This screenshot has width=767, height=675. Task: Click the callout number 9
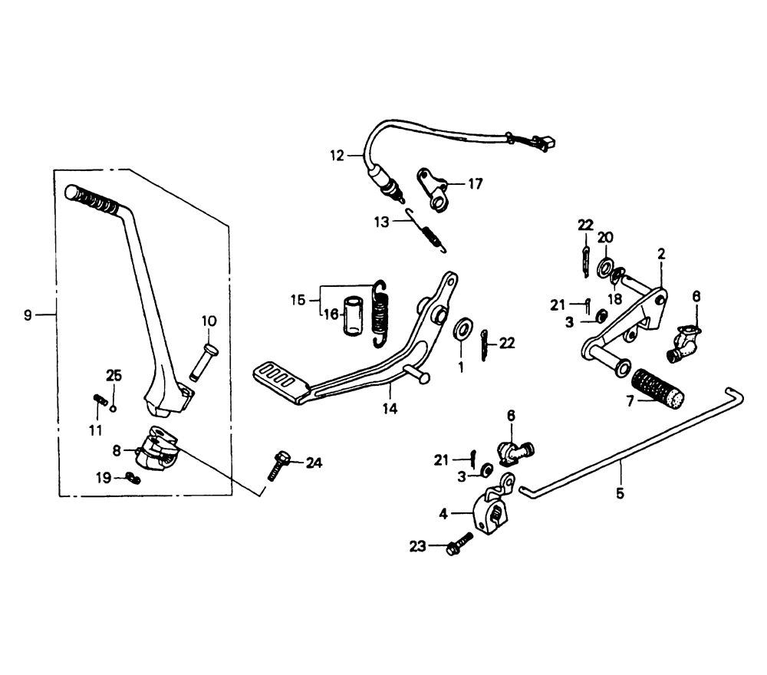click(28, 314)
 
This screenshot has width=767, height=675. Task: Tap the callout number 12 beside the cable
click(337, 156)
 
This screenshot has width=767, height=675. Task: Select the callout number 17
click(476, 183)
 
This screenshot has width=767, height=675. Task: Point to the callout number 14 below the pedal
click(390, 409)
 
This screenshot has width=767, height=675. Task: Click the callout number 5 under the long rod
click(620, 493)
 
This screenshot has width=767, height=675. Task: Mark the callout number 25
click(114, 375)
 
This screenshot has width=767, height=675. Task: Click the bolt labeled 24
click(278, 465)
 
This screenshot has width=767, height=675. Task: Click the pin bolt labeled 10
click(202, 360)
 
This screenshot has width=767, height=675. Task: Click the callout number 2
click(661, 253)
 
